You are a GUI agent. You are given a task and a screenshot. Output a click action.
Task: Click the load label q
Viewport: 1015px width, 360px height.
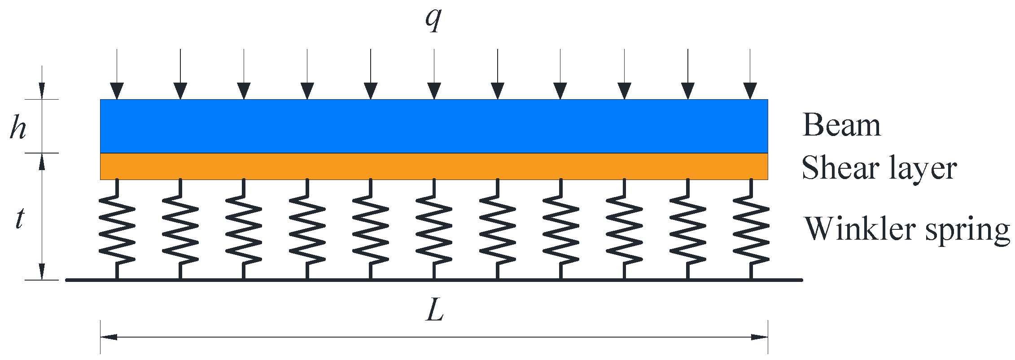433,20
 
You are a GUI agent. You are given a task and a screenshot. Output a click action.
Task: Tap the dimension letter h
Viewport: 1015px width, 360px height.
18,127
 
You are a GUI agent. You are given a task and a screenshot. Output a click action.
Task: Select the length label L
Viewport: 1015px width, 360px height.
434,311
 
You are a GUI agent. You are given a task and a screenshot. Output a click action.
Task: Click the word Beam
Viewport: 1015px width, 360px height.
841,125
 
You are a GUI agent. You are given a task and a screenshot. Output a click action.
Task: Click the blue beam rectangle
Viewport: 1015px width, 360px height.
434,126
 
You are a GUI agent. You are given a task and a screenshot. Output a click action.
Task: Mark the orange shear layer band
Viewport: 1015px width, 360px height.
434,167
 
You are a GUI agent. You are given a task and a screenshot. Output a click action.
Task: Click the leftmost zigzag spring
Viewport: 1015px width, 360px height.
117,229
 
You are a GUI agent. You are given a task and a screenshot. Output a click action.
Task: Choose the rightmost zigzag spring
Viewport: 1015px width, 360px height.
751,229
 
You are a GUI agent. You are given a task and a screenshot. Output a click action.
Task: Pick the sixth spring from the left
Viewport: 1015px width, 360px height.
434,229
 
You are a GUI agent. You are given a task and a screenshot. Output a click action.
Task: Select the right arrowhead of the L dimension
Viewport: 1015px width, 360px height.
759,337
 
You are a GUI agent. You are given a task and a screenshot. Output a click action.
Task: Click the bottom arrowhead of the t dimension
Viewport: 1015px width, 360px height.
42,272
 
